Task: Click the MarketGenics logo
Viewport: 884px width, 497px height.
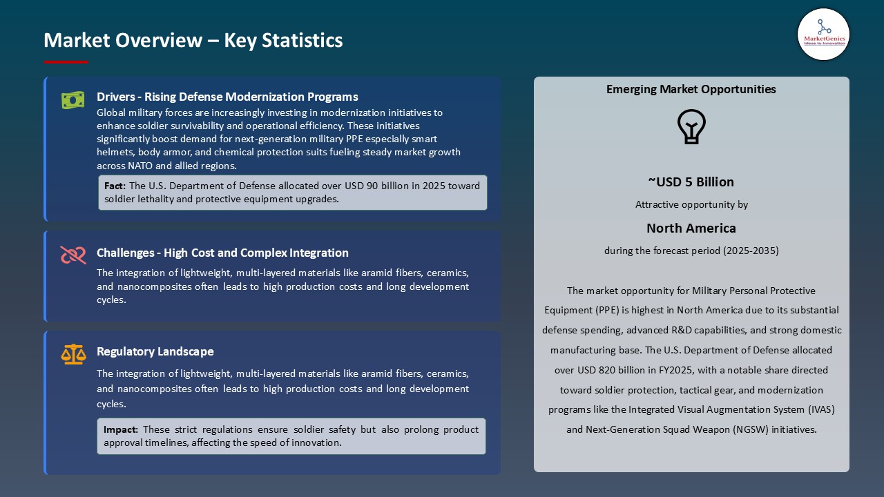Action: [823, 34]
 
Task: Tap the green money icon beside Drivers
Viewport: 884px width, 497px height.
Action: [73, 100]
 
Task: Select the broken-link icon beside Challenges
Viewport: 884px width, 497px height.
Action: [73, 255]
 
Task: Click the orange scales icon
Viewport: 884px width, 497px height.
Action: [73, 354]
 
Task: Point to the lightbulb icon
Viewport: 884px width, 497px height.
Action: [691, 127]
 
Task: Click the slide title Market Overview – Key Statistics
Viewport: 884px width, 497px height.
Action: [193, 40]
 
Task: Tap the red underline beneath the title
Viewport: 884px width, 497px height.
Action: [66, 62]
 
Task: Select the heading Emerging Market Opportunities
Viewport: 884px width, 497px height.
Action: [691, 89]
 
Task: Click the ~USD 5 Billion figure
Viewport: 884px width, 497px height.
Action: [691, 182]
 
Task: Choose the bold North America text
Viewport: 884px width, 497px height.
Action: [691, 228]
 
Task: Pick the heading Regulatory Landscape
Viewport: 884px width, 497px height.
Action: [155, 351]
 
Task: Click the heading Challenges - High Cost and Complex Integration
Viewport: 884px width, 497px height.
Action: [222, 253]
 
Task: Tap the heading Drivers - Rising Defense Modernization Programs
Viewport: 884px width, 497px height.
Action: [227, 97]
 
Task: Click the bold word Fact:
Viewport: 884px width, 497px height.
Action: [115, 186]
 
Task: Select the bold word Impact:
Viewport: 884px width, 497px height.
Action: [121, 429]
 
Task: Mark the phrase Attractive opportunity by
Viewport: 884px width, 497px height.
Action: [691, 204]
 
